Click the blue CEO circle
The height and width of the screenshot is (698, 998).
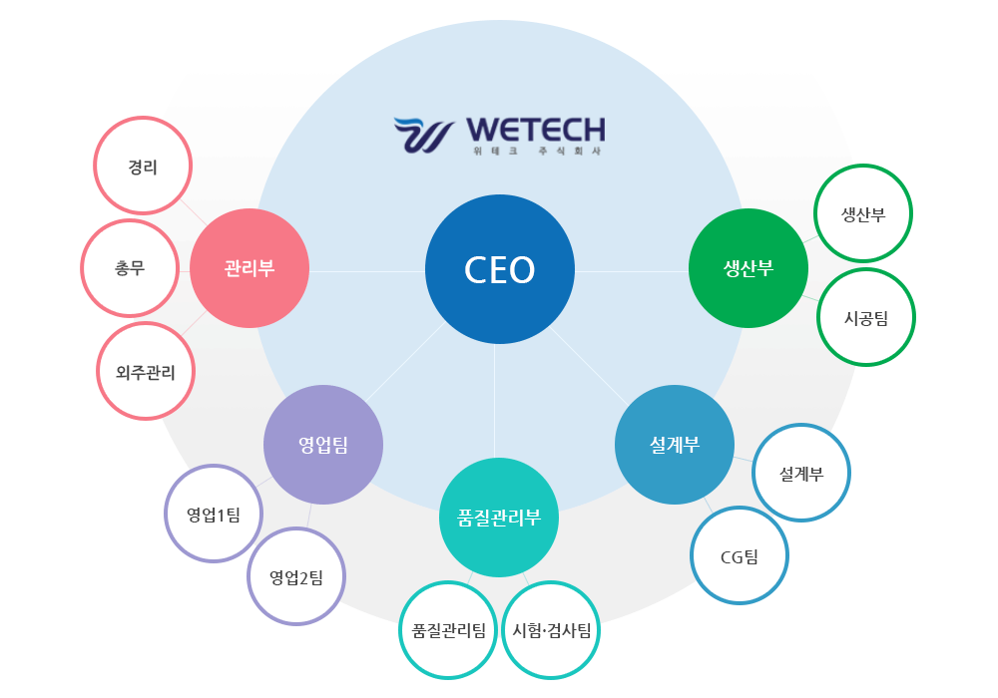click(x=500, y=270)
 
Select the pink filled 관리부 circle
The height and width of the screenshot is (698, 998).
click(x=249, y=268)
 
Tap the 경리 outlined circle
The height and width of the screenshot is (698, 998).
click(x=143, y=166)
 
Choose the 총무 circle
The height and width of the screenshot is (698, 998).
click(x=130, y=268)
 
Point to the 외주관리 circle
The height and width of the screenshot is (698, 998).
click(x=147, y=372)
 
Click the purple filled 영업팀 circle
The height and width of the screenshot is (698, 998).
click(x=323, y=445)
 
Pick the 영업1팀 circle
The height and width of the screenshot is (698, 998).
click(x=214, y=515)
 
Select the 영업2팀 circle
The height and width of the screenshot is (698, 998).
click(x=296, y=575)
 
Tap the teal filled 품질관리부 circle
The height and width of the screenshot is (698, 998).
click(x=499, y=518)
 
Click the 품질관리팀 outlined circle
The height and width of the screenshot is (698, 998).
click(x=448, y=630)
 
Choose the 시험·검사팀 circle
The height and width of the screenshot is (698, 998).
click(x=551, y=630)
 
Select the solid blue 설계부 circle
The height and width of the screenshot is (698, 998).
click(x=675, y=445)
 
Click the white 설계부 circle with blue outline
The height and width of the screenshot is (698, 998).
click(x=801, y=474)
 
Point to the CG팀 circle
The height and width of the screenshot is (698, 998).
click(x=740, y=555)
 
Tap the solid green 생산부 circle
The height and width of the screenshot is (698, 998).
click(x=748, y=268)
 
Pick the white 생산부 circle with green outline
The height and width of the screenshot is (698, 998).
click(x=863, y=214)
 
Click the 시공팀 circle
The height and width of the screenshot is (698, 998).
click(x=865, y=317)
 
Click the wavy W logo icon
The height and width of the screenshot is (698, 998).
click(x=423, y=136)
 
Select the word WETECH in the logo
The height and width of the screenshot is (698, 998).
click(x=535, y=130)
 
